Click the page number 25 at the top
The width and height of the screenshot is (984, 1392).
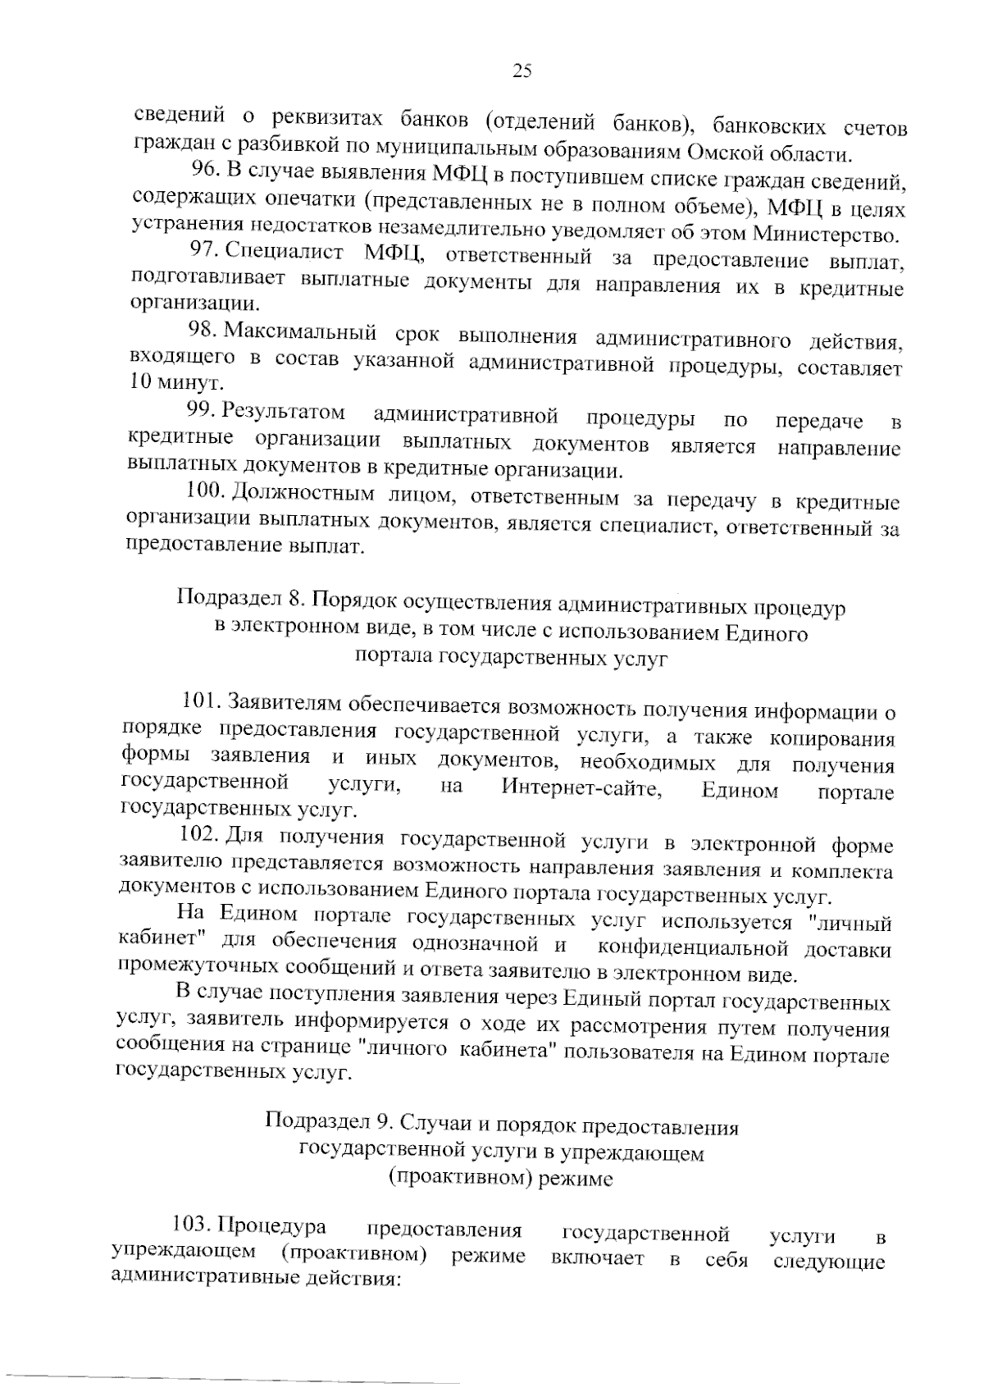522,71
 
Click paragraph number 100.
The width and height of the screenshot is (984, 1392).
205,491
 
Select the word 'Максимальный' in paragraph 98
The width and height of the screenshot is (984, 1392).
300,332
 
